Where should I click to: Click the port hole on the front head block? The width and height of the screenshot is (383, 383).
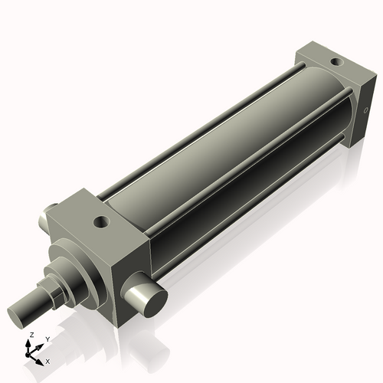100,223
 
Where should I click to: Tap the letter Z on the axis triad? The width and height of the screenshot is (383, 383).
31,336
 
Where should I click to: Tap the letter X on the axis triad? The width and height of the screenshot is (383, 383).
48,360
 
